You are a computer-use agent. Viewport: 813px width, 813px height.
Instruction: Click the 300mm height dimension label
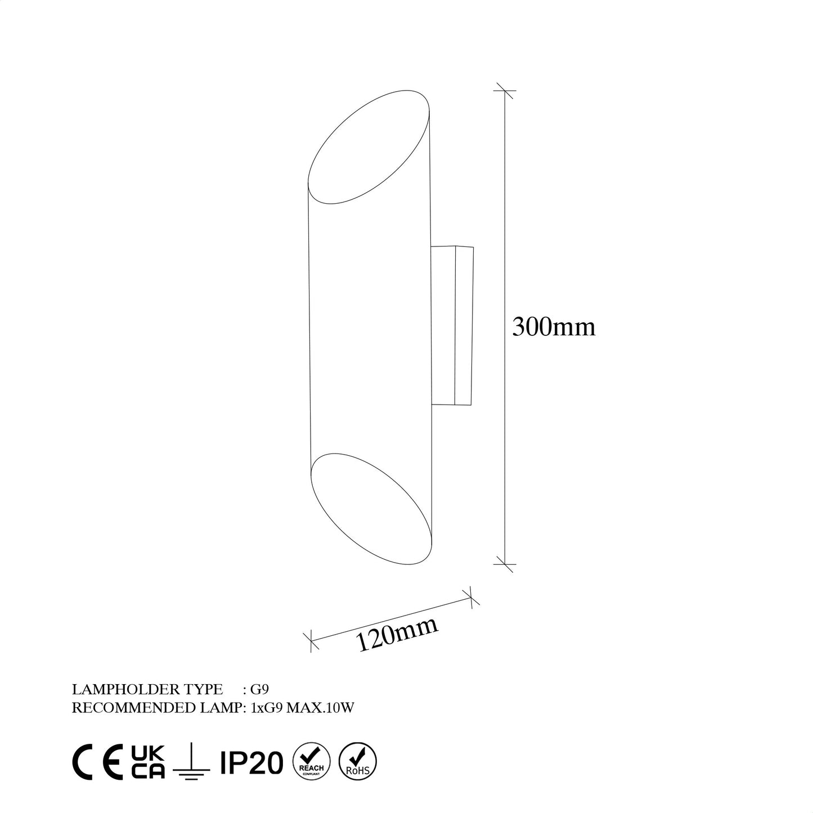553,327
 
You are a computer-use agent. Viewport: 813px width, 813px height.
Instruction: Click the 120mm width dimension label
397,634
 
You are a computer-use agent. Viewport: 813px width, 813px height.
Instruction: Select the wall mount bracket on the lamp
452,325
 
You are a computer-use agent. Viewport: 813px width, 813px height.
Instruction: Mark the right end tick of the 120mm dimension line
470,598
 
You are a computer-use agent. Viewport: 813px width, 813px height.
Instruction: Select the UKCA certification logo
148,762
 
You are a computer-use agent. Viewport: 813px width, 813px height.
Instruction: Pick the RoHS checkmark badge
358,762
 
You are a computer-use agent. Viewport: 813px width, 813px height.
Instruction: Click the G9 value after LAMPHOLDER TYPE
264,689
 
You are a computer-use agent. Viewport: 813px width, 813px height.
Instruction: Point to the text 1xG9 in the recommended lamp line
266,708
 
